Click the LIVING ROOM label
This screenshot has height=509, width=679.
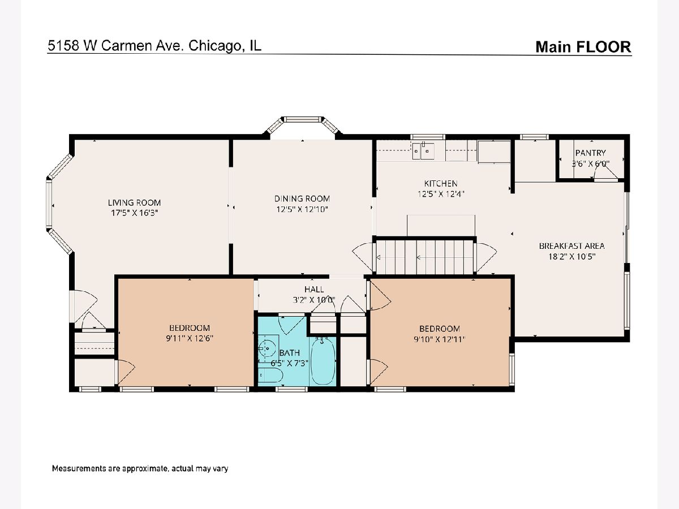134,202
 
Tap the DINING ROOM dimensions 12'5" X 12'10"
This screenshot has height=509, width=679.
302,209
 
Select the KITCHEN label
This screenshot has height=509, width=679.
440,184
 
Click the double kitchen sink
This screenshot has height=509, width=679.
423,151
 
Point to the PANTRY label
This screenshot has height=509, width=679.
590,153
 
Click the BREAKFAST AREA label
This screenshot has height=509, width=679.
571,246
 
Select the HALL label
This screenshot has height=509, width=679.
314,289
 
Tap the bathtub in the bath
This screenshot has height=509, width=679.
323,361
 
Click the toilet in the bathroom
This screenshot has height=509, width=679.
270,376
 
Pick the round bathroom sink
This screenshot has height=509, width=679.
267,348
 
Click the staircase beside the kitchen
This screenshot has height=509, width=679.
425,257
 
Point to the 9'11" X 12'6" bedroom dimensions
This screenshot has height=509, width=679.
190,338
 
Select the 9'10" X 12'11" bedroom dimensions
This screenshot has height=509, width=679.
439,339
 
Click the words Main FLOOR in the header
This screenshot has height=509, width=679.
583,47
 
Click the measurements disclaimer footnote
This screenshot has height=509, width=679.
140,468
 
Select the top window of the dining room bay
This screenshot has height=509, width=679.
303,119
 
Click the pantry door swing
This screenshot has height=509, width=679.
605,172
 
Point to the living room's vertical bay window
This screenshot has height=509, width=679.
49,205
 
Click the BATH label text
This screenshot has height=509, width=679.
289,352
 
